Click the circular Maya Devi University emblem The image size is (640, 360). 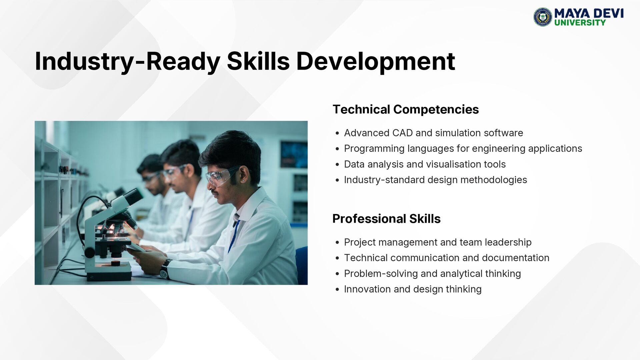(x=543, y=17)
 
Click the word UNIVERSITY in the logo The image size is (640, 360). (x=580, y=23)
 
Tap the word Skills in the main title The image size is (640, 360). (x=258, y=61)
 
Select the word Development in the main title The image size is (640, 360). (x=376, y=62)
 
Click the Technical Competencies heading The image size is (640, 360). (x=406, y=109)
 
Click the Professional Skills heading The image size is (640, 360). (x=386, y=219)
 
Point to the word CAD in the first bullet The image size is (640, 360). (x=402, y=133)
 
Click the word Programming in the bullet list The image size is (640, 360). (x=374, y=149)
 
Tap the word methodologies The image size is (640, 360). (x=494, y=180)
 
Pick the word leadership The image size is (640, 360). (x=508, y=242)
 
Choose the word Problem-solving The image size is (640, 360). (x=381, y=274)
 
